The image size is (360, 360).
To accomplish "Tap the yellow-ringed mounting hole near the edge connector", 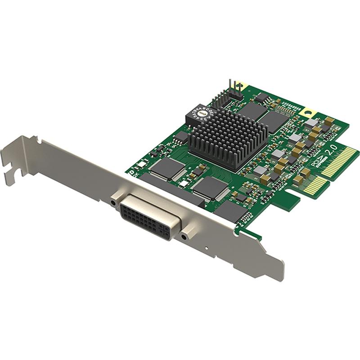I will [x=309, y=112].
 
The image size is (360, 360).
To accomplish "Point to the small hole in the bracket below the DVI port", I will [x=205, y=247].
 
